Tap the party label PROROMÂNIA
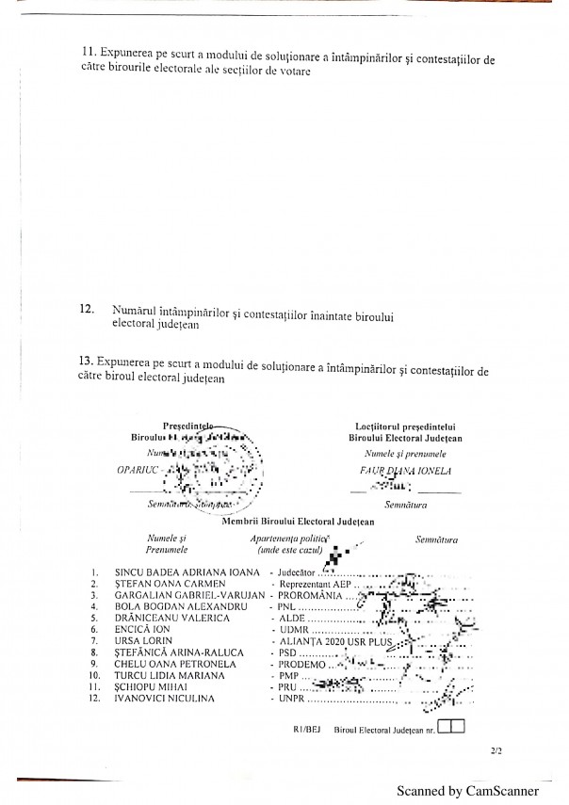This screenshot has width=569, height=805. click(x=306, y=595)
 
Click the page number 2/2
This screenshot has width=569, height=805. click(x=496, y=751)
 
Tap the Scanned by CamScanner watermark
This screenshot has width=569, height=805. click(x=466, y=792)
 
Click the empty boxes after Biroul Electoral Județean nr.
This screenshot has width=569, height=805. click(x=451, y=726)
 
